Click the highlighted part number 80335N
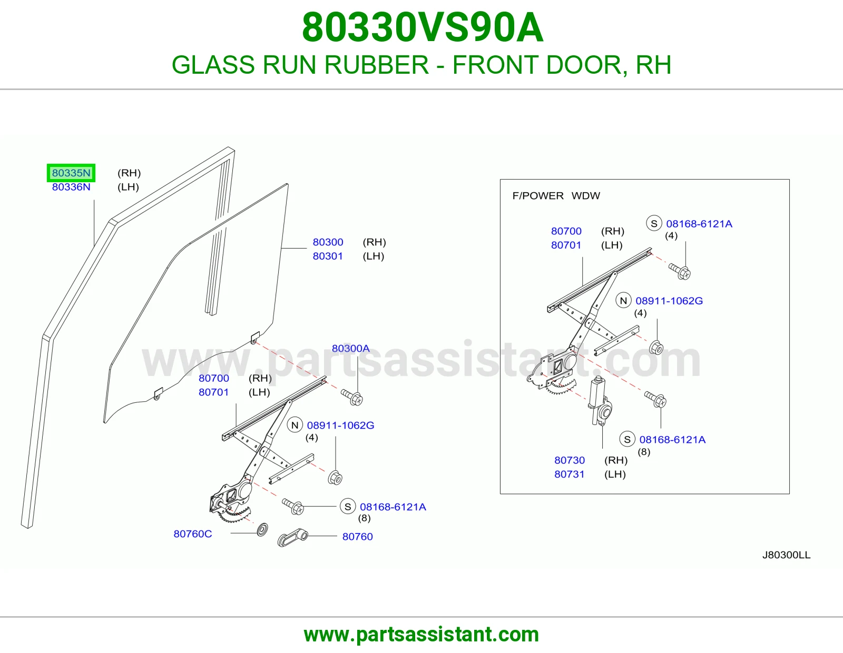click(71, 173)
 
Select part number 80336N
click(71, 187)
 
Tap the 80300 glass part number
click(328, 242)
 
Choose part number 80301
click(328, 256)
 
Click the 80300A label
click(351, 348)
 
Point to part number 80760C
click(193, 534)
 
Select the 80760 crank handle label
click(357, 537)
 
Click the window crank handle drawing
click(292, 538)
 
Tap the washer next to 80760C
click(262, 529)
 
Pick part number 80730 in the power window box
click(570, 460)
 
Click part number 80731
click(570, 474)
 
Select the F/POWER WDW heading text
click(556, 196)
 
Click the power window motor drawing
click(600, 401)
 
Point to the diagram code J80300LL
click(786, 555)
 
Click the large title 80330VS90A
click(423, 27)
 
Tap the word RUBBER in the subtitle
click(376, 65)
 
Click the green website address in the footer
click(421, 635)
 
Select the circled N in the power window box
click(623, 301)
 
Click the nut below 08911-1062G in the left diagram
click(335, 478)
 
